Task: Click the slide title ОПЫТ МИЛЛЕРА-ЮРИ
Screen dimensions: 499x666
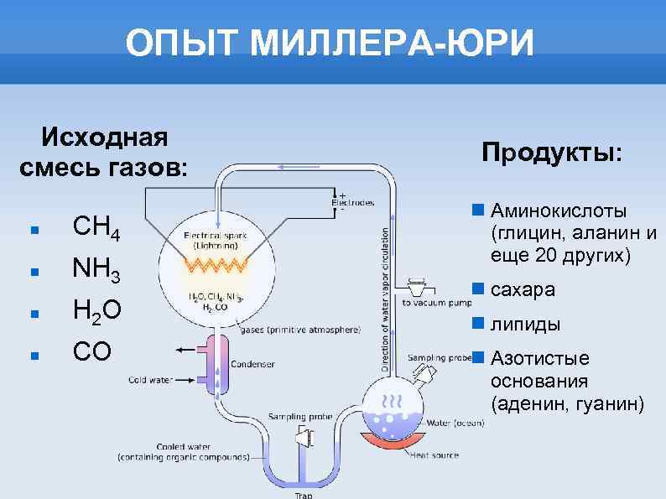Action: [330, 44]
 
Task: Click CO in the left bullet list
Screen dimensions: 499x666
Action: [91, 351]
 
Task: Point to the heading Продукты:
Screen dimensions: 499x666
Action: [552, 153]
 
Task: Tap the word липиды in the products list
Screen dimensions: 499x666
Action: [526, 325]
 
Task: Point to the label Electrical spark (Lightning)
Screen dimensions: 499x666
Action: [215, 242]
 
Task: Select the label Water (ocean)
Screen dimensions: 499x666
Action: [452, 423]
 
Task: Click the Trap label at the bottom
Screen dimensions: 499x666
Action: [303, 495]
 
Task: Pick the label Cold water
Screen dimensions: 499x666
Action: [149, 380]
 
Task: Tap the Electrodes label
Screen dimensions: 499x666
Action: [353, 202]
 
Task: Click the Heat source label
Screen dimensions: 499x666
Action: [434, 455]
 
